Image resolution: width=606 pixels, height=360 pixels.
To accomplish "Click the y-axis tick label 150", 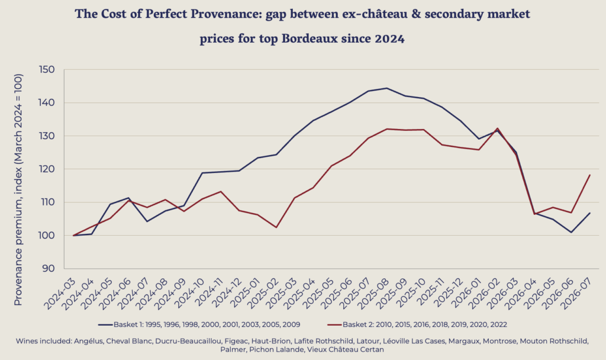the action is [47, 70].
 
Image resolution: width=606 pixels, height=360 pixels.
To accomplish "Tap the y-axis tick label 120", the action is [47, 169].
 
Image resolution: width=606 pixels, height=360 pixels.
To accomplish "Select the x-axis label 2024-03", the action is [60, 294].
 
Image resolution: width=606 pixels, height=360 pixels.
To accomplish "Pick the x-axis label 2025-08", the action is [374, 294].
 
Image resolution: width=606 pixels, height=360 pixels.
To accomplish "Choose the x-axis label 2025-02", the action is [263, 294].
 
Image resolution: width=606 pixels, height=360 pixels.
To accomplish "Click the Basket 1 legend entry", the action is [199, 324].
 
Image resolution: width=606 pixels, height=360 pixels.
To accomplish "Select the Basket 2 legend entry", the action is [417, 324].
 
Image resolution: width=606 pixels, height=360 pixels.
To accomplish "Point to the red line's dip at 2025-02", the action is [276, 227].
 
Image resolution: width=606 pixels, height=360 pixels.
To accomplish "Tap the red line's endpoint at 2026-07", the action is [590, 175].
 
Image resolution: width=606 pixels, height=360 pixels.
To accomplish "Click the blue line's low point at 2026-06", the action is [571, 232].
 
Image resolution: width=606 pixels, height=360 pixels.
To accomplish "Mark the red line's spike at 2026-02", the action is [497, 128].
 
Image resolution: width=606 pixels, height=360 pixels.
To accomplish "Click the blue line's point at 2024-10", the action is [202, 173].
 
